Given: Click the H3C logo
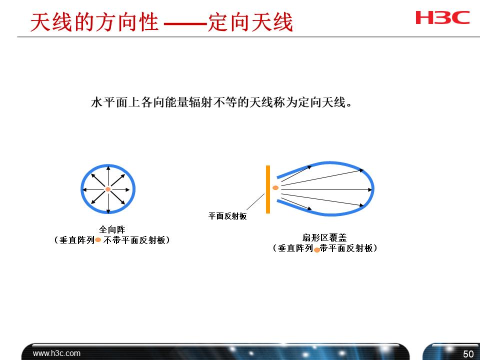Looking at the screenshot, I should point(442,17).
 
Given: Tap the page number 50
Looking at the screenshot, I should point(468,354).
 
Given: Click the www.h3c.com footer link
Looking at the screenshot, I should point(56,353).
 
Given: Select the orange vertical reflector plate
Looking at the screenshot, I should point(268,189).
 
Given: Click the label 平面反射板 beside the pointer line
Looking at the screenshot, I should point(227,216).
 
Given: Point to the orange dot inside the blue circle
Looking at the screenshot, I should point(108,189).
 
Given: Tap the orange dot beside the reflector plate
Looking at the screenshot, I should point(275,188).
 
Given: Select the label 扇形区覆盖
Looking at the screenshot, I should point(324,238).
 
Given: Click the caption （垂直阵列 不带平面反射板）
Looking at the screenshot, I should point(112,240).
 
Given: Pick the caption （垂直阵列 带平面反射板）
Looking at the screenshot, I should point(324,248).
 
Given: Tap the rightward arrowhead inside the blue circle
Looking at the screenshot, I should point(131,189).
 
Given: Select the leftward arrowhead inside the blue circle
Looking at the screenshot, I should point(84,189).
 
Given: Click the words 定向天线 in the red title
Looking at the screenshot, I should point(250,23).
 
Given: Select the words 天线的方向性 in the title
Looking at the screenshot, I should point(94,23).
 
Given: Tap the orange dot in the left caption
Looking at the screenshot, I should point(98,240).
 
